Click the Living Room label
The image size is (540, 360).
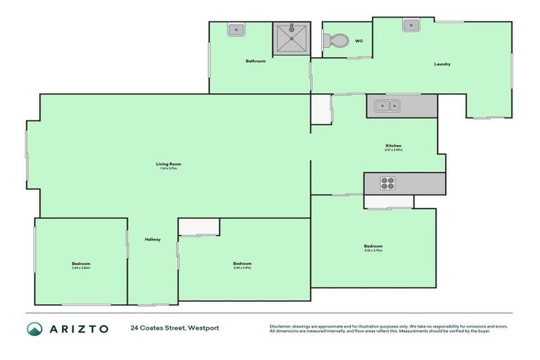point(164,164)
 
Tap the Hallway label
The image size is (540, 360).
point(153,240)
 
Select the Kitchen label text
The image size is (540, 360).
point(393,146)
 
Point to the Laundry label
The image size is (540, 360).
point(442,64)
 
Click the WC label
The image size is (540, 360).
point(359,41)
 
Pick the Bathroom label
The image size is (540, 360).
point(255,61)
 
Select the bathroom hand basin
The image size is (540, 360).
point(236,30)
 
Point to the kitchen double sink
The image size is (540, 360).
point(385,107)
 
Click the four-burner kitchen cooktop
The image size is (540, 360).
point(388,183)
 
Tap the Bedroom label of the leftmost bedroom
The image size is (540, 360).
point(81,264)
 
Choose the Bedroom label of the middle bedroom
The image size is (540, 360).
point(242,264)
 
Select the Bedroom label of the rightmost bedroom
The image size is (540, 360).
point(373,245)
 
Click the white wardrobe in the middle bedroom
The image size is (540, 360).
point(199,226)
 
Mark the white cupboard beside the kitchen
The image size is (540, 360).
point(321,110)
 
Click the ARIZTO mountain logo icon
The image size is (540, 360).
point(34,329)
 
